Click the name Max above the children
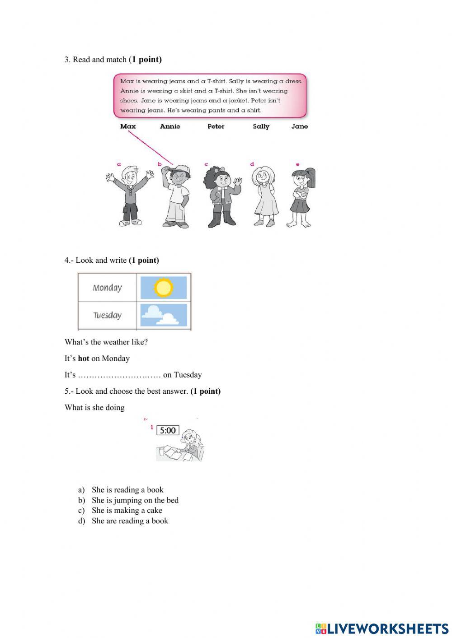click(x=128, y=126)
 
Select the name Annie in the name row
click(x=170, y=126)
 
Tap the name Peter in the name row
click(x=216, y=126)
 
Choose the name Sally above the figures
click(x=261, y=126)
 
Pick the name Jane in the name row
click(x=300, y=126)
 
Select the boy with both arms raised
click(x=129, y=196)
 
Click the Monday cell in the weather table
click(x=107, y=288)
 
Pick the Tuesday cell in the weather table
click(x=107, y=315)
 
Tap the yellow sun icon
click(x=163, y=288)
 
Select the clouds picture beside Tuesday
click(x=163, y=315)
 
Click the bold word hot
click(x=84, y=359)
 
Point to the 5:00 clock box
click(x=168, y=430)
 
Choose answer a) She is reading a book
click(x=127, y=489)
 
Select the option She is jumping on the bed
click(x=135, y=500)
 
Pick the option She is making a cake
click(x=127, y=510)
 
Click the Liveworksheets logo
click(x=382, y=629)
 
